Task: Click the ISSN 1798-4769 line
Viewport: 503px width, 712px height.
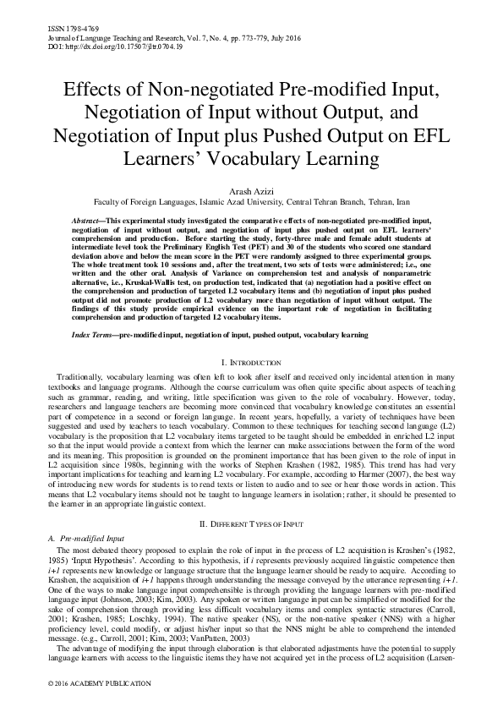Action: tap(68, 28)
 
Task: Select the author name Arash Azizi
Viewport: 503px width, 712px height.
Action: tap(251, 191)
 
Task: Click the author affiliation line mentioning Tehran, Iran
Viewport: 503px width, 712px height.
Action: tap(251, 204)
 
